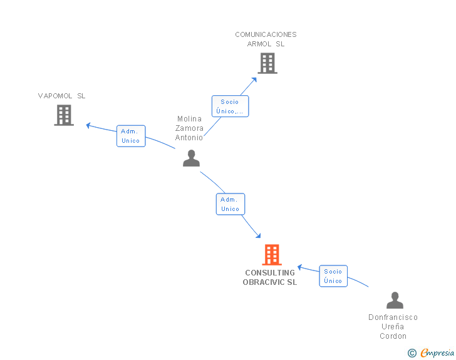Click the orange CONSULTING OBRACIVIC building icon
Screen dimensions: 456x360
(x=272, y=254)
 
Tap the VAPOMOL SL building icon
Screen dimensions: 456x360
(x=64, y=115)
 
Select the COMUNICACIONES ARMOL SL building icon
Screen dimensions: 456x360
(x=267, y=63)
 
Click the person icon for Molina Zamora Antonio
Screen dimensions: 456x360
(x=192, y=158)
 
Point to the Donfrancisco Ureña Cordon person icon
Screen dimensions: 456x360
(x=395, y=300)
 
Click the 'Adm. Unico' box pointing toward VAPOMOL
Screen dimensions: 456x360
(x=131, y=136)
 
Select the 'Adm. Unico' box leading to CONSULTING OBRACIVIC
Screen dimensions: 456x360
(x=231, y=204)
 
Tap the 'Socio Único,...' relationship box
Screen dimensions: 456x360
(x=230, y=106)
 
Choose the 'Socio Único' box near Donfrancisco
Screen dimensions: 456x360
(x=333, y=276)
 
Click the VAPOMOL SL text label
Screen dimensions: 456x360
(x=61, y=96)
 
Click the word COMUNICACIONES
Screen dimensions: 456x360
(x=266, y=34)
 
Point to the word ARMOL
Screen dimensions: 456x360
(x=259, y=44)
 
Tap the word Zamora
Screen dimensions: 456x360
(x=189, y=128)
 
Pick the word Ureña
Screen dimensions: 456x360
(x=393, y=327)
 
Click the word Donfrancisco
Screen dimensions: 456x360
(x=393, y=317)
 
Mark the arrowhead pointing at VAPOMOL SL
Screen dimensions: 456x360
(x=88, y=126)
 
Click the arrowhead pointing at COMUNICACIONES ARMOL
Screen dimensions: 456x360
(x=254, y=80)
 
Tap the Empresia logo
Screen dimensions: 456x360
(x=437, y=352)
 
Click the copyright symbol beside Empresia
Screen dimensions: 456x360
(x=412, y=353)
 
